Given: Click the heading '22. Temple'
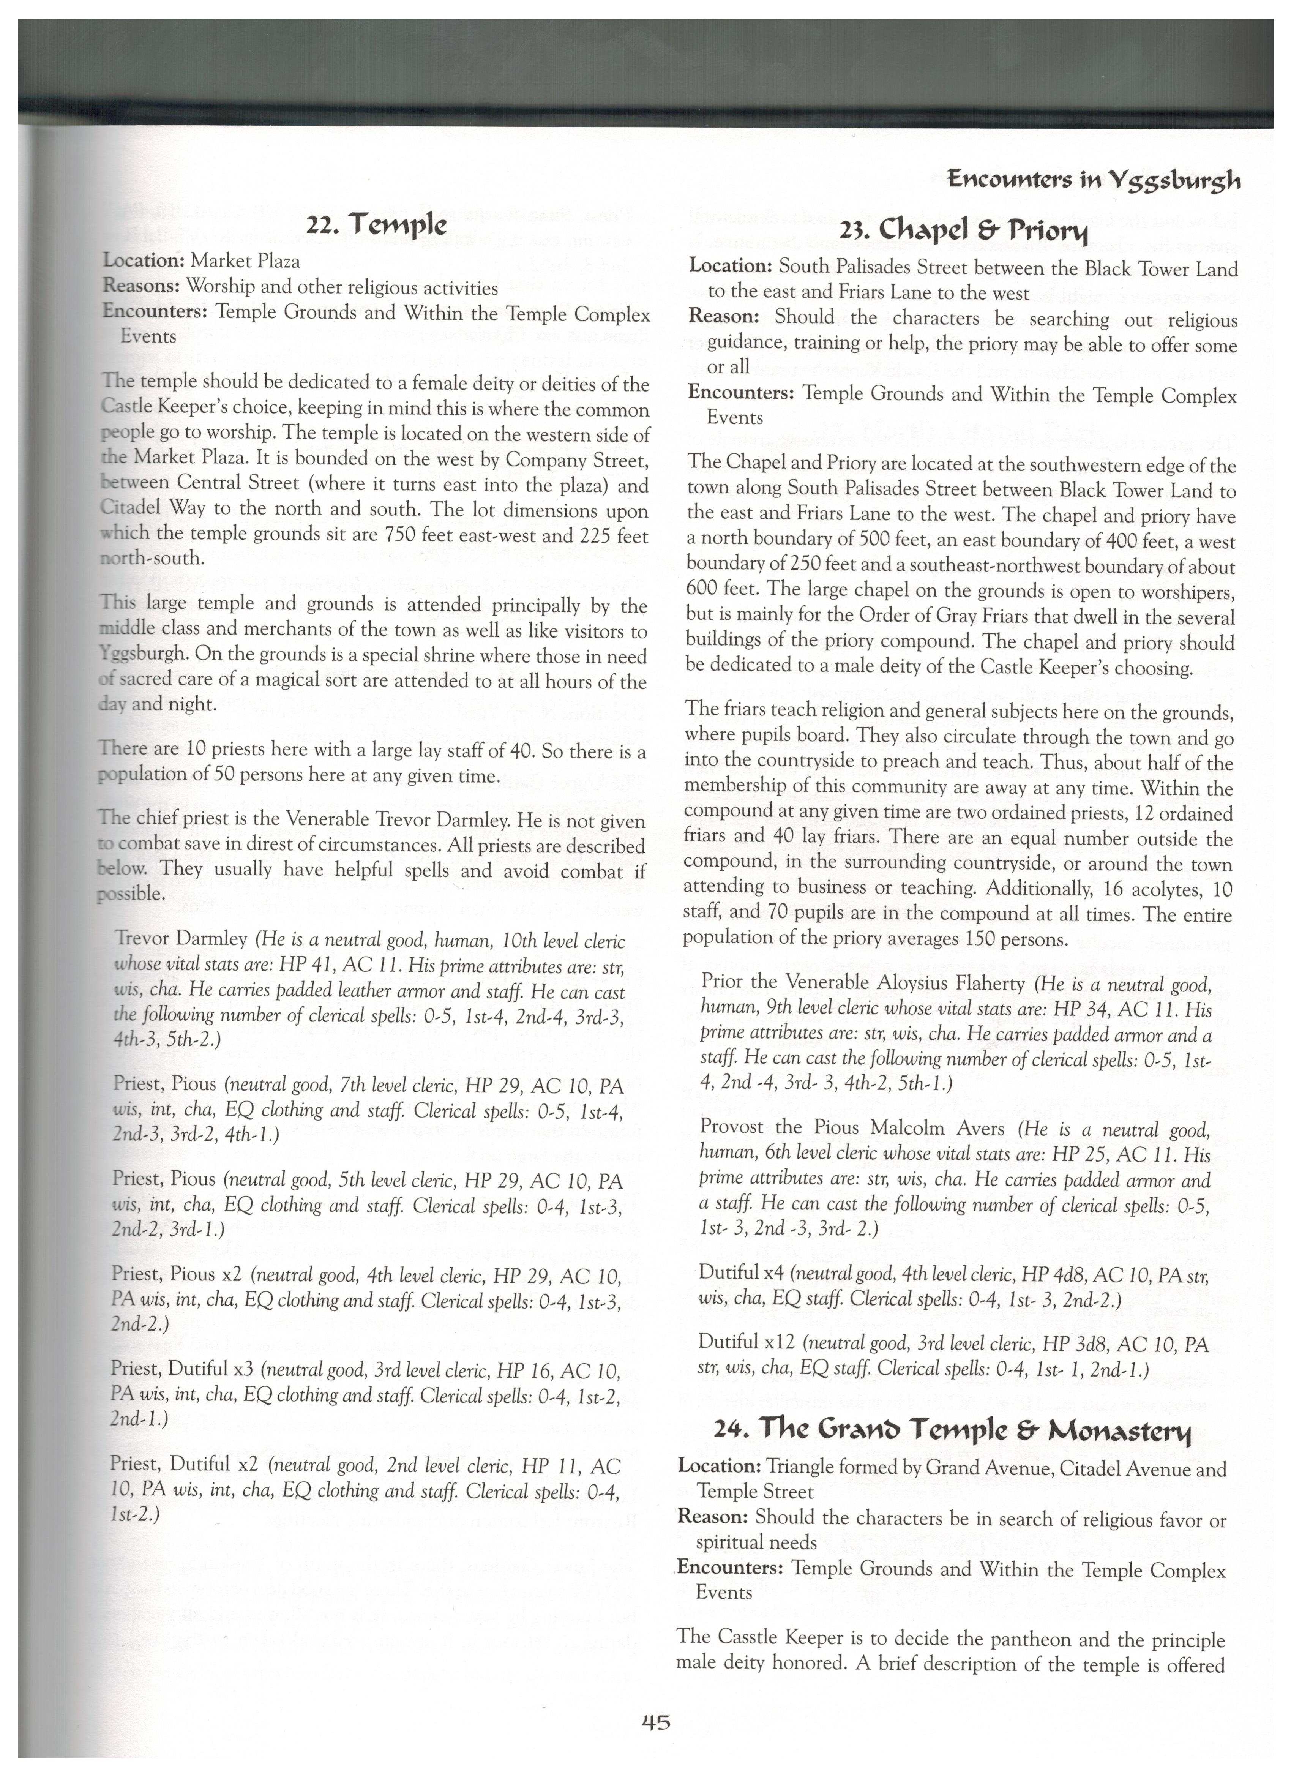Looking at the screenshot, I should [x=377, y=226].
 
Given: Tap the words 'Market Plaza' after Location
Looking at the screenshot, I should [x=245, y=261].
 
